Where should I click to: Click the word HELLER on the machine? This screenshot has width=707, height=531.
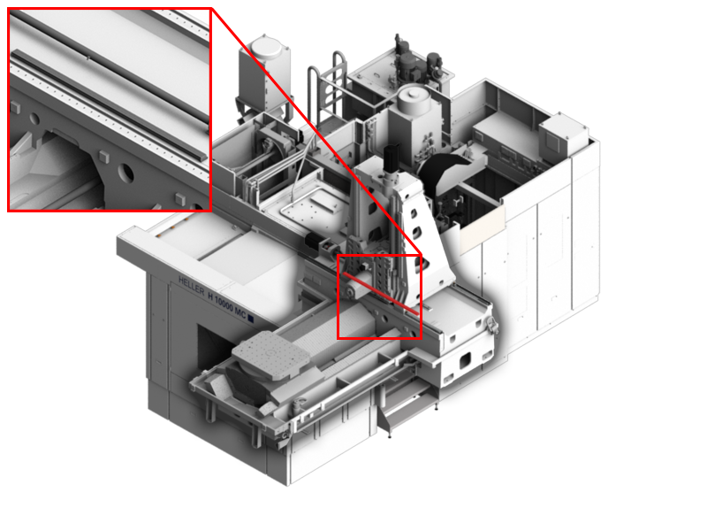coord(191,281)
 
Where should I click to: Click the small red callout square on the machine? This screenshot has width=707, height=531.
coord(379,296)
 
